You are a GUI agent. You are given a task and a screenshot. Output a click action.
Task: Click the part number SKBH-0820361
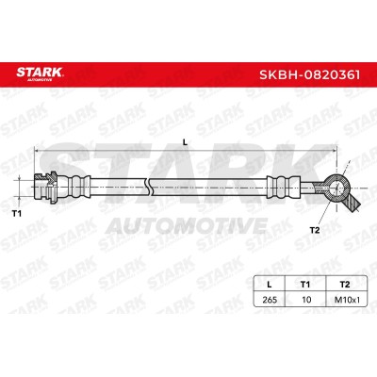click(x=309, y=75)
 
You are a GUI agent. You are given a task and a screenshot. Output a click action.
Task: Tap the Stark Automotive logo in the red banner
click(x=40, y=74)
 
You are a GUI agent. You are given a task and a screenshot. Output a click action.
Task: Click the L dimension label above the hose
click(x=185, y=142)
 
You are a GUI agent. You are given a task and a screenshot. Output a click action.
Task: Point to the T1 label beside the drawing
click(x=17, y=214)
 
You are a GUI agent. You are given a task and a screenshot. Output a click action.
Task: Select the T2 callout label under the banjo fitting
click(x=315, y=230)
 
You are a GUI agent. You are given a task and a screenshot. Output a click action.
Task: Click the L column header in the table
click(x=269, y=285)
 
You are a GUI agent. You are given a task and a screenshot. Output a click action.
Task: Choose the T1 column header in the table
click(x=305, y=285)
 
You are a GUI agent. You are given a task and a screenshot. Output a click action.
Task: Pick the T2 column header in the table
click(x=345, y=285)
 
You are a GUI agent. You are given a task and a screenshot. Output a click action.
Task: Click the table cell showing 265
click(x=270, y=300)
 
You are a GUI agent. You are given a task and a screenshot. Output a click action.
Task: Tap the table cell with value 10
click(x=306, y=300)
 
